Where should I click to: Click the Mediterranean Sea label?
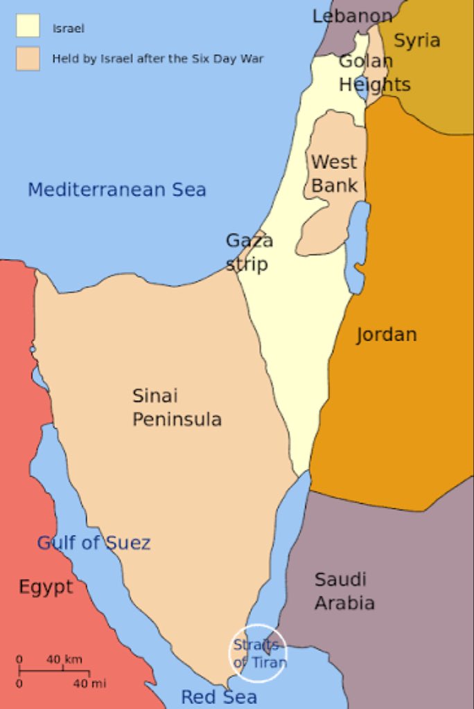116,189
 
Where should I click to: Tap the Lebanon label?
352,16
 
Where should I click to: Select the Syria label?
417,40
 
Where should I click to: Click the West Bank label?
334,173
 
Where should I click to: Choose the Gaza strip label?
249,252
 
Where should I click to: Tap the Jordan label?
386,335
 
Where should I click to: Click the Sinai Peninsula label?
177,407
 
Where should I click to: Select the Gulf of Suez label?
94,542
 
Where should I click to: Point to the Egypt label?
46,587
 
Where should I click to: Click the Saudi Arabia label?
344,591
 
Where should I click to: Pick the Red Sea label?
219,697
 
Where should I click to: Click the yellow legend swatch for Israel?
28,26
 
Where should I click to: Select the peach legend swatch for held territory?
28,58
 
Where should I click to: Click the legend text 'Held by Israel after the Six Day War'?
158,59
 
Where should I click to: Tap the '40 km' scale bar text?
64,659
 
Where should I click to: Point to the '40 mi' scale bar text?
90,683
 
